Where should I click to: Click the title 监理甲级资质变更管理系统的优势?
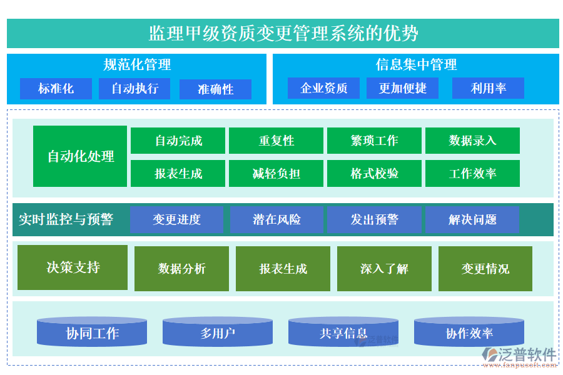(x=283, y=33)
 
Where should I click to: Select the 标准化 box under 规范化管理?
(x=56, y=89)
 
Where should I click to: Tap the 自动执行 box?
(x=134, y=89)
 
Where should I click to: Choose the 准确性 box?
(x=215, y=89)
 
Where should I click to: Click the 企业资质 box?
(x=323, y=88)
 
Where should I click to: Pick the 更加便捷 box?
(x=402, y=88)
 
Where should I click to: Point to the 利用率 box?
(x=488, y=88)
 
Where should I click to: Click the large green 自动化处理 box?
(x=80, y=156)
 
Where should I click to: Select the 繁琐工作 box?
(x=374, y=141)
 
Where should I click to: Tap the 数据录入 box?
(x=472, y=141)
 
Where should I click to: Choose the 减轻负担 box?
(x=276, y=174)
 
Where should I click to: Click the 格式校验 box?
(x=374, y=174)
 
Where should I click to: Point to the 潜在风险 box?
(x=276, y=219)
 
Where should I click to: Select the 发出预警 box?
(x=374, y=219)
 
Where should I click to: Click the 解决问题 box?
(x=472, y=219)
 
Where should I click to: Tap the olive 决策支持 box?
(x=73, y=267)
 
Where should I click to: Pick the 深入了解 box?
(x=384, y=269)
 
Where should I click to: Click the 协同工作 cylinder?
(x=92, y=332)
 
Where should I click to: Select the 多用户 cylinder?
(x=218, y=332)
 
